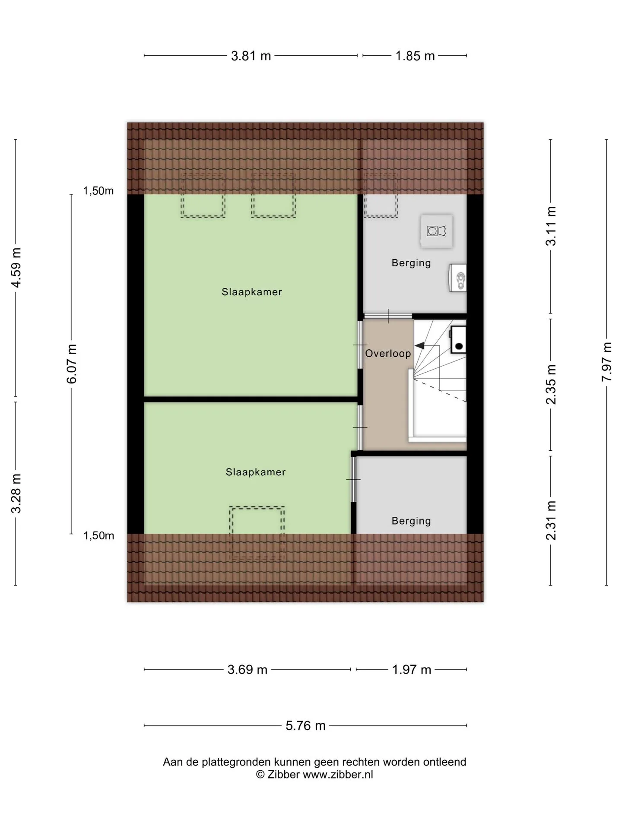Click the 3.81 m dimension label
(x=251, y=56)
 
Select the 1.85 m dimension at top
(x=415, y=56)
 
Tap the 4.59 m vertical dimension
(x=16, y=268)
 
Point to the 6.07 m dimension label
(x=72, y=364)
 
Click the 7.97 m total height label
(x=607, y=361)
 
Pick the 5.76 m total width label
(x=305, y=725)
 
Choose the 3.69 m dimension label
(x=248, y=670)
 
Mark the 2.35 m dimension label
(x=551, y=384)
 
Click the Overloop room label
(x=388, y=354)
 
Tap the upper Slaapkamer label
(x=252, y=292)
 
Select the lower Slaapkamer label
(x=256, y=472)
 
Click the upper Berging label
(x=411, y=263)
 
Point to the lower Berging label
(x=411, y=521)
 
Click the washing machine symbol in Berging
(x=437, y=231)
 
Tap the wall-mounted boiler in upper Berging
(x=458, y=278)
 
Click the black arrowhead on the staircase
(x=419, y=345)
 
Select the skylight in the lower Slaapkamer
(x=257, y=534)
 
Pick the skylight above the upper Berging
(x=380, y=194)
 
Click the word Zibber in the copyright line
(x=283, y=774)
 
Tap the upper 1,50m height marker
(x=98, y=190)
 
